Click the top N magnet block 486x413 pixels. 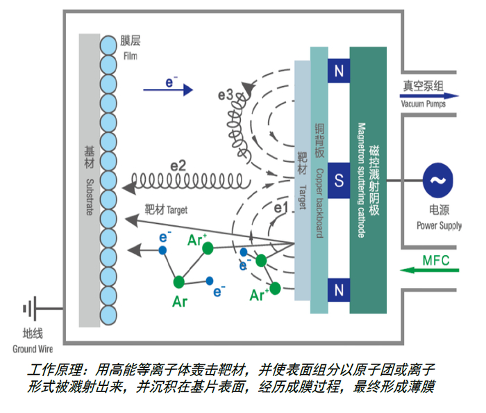(x=339, y=70)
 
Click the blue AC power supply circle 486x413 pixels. (x=438, y=180)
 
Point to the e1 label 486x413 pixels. (x=280, y=207)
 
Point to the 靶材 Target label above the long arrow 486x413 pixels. (x=166, y=208)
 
